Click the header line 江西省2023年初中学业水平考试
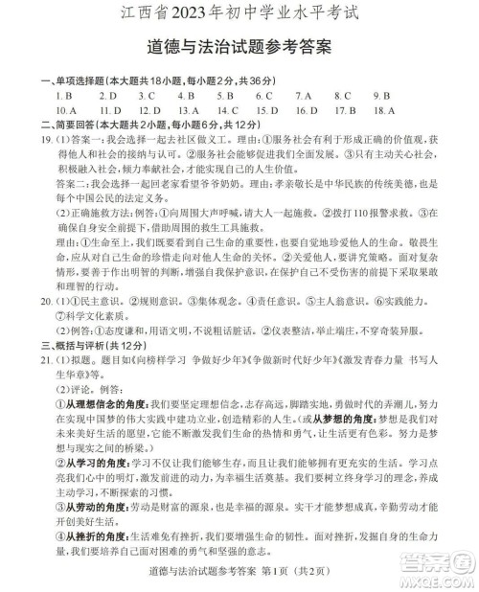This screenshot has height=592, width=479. (x=240, y=14)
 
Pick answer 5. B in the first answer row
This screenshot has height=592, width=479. (x=225, y=97)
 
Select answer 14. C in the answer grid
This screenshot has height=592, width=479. (x=227, y=111)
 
